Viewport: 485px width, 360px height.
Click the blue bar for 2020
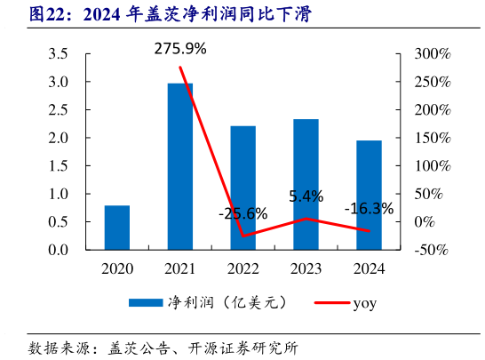point(117,228)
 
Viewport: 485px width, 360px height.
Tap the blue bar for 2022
point(243,188)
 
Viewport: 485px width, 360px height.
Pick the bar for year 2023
point(306,184)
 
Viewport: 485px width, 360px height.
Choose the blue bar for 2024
point(370,195)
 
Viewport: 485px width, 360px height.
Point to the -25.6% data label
point(242,213)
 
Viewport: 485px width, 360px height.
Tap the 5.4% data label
point(306,196)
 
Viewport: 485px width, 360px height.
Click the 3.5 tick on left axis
point(58,54)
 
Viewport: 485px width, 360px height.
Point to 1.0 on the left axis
point(58,194)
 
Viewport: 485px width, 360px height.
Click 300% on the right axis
point(433,54)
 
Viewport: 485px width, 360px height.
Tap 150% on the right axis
point(433,138)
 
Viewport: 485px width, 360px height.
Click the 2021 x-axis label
point(180,268)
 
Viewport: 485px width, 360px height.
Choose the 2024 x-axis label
point(370,268)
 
